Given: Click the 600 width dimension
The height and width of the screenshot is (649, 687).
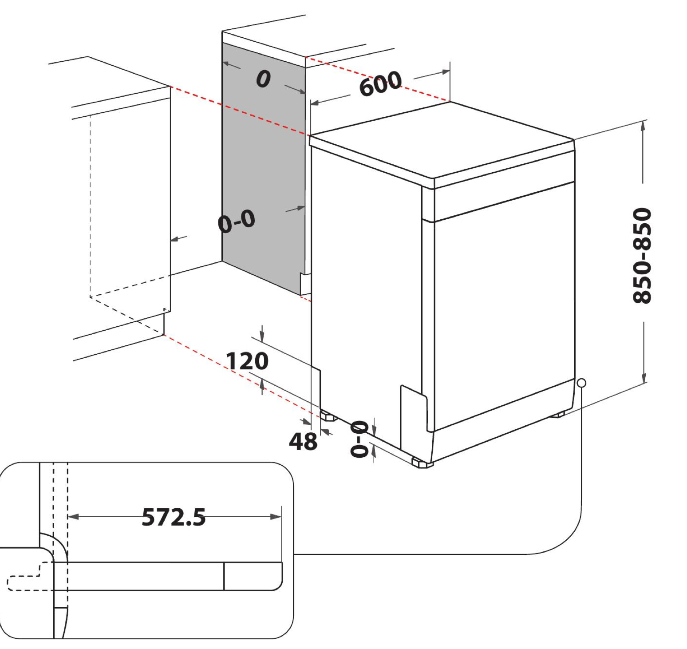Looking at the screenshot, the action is (380, 83).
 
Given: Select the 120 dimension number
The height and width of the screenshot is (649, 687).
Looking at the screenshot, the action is (247, 361).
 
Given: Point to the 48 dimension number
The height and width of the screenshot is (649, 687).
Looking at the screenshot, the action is (303, 441).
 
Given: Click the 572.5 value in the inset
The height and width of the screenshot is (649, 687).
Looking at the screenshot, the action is (174, 517).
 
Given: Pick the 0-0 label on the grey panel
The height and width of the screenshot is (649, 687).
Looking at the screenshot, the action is (237, 221).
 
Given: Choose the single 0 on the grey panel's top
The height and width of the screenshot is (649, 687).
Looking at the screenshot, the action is (263, 79).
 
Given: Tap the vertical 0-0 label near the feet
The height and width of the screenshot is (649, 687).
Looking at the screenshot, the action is (359, 439).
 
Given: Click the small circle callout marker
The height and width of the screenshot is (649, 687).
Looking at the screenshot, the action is (581, 383).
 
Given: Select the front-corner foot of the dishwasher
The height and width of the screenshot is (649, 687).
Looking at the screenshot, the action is (422, 463).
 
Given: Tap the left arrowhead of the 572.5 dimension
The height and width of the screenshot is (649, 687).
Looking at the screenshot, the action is (74, 517).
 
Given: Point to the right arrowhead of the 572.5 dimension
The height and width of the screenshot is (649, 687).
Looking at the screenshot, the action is (276, 517).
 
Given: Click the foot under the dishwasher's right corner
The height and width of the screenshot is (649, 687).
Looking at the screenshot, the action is (557, 415).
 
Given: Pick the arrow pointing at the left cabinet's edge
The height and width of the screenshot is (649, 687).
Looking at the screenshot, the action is (179, 239).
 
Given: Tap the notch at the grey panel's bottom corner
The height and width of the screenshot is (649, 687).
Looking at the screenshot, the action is (305, 284).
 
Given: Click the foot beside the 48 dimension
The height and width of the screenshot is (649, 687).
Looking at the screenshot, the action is (329, 416).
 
